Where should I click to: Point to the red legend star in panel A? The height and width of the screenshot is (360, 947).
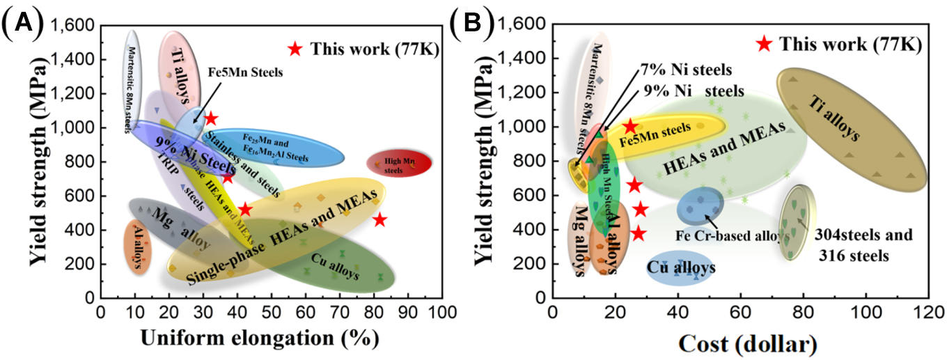click(x=295, y=49)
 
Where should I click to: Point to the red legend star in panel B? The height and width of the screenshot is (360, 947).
click(x=764, y=44)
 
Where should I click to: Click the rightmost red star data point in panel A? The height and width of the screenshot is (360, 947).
click(x=379, y=220)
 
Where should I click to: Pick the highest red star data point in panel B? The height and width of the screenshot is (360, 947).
click(x=630, y=126)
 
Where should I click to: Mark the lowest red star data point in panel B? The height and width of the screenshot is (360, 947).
click(x=638, y=234)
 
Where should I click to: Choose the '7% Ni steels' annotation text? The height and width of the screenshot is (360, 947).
click(x=685, y=70)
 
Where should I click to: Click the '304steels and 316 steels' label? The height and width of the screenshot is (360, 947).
click(x=863, y=245)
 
